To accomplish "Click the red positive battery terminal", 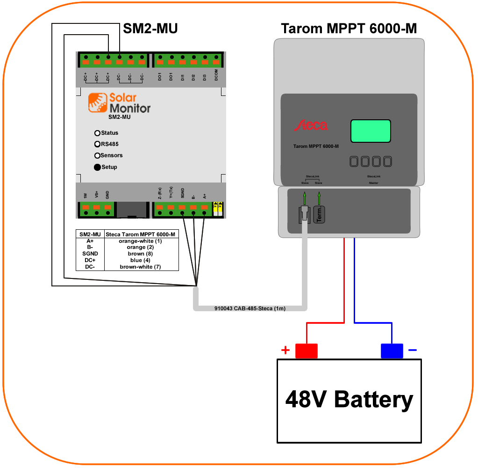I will (307, 351).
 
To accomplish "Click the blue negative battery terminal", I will (392, 351).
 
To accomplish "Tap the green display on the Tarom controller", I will (371, 131).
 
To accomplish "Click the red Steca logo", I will (310, 125).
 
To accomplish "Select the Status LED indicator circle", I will (97, 133).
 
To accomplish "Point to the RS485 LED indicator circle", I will (97, 144).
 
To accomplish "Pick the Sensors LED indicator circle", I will (97, 155).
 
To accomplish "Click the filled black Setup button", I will (97, 167).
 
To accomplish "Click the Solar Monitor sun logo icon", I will (97, 102).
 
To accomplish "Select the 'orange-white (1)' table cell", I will (140, 241).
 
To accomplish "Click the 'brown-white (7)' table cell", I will (140, 267).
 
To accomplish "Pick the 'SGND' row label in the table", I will (90, 254).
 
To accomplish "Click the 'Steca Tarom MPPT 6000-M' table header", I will (141, 234).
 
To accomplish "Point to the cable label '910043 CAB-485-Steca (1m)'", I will (250, 309).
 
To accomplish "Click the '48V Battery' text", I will (349, 400).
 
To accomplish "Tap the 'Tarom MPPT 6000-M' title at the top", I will (349, 29).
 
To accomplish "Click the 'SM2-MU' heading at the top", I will (150, 29).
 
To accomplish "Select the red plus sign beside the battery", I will (285, 350).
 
